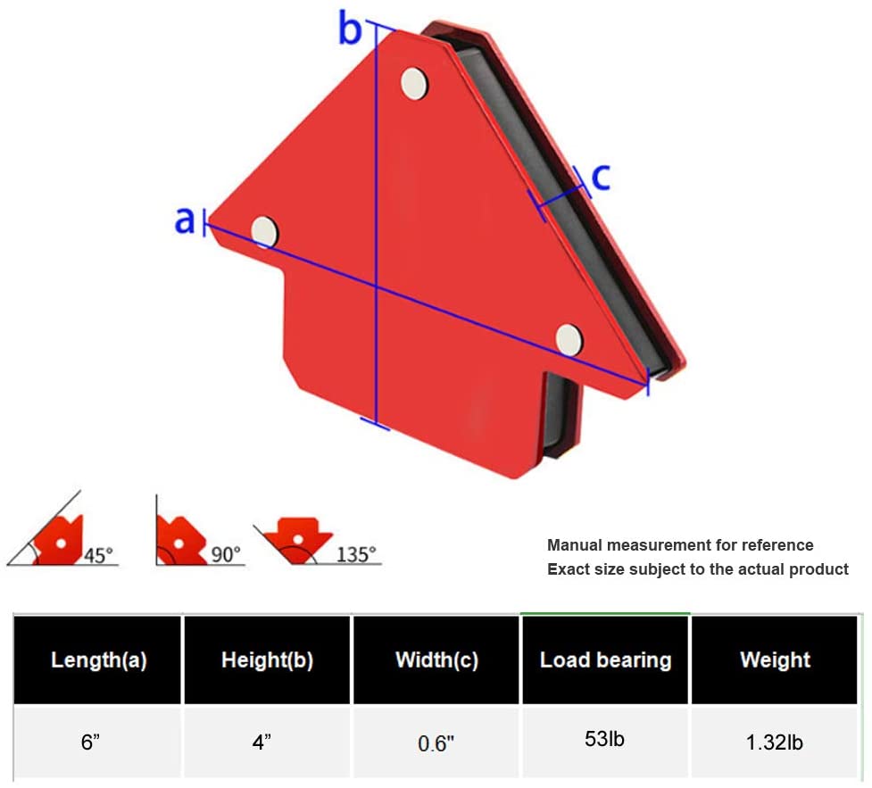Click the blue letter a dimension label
[185, 220]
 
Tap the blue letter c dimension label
[601, 177]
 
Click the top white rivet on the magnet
[414, 83]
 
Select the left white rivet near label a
[265, 231]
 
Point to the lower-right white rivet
[569, 338]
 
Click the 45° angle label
[98, 555]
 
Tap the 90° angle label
[226, 554]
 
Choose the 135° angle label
[356, 554]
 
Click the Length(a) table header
[99, 660]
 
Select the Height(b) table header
[268, 660]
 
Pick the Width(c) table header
[437, 660]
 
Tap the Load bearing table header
[606, 660]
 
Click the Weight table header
[776, 660]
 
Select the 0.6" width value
[436, 743]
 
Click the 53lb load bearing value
[604, 739]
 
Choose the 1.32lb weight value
[774, 742]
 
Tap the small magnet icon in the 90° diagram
[179, 540]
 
